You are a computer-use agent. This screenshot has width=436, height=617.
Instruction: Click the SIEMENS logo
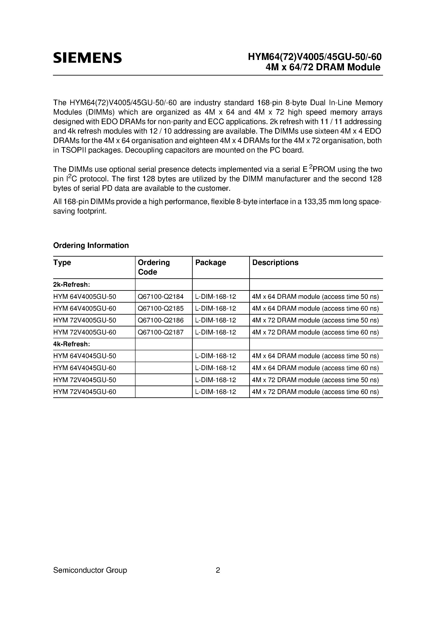click(87, 58)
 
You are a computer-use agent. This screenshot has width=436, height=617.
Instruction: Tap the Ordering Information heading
click(91, 245)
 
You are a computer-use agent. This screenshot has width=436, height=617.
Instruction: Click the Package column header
click(210, 262)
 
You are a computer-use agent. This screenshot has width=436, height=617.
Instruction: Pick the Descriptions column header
click(275, 262)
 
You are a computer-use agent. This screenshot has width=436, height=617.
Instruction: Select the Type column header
click(62, 262)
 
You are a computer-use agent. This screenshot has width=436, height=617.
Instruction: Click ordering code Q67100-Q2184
click(160, 297)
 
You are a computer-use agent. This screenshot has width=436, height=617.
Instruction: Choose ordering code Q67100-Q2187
click(160, 332)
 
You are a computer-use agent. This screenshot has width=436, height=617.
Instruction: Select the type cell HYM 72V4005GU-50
click(84, 320)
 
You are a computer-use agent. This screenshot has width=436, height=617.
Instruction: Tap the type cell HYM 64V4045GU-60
click(84, 368)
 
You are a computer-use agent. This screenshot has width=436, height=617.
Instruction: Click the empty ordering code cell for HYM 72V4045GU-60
click(163, 392)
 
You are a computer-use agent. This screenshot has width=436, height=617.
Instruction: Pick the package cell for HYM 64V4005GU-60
click(215, 308)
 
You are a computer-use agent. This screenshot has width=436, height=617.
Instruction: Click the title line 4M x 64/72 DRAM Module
click(323, 67)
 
